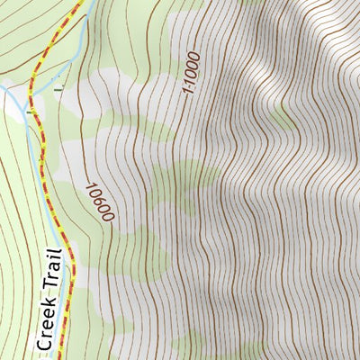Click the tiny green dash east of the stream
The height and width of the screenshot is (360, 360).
pos(59,89)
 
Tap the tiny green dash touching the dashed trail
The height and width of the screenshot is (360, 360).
pos(30,111)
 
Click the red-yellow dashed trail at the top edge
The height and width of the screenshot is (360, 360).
pos(76,4)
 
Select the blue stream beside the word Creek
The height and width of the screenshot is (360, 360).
pos(59,319)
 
